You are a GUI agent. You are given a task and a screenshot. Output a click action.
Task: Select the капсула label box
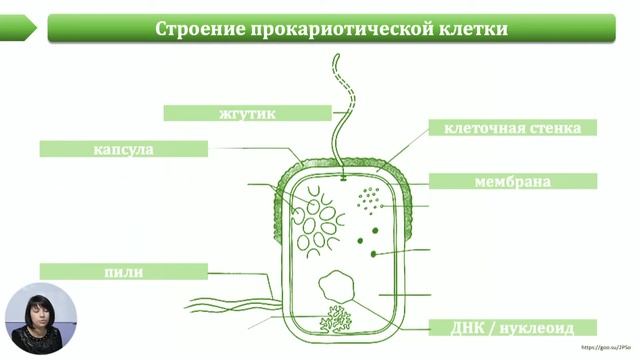click(x=123, y=149)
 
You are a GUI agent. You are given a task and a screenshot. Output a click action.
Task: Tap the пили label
click(x=123, y=270)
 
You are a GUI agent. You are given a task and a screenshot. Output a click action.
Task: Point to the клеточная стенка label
click(x=513, y=128)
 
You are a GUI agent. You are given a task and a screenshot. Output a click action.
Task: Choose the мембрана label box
click(x=513, y=182)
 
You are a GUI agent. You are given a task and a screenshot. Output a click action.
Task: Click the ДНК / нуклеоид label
click(x=511, y=327)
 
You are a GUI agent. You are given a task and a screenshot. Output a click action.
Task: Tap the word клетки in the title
click(x=468, y=28)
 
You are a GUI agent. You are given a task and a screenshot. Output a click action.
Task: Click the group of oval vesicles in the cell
click(x=316, y=220)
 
